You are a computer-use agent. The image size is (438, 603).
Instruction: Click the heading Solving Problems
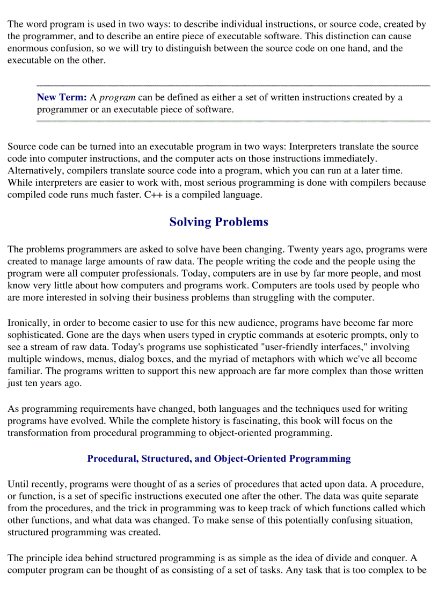[x=218, y=222]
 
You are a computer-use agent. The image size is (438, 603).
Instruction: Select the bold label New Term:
[x=62, y=97]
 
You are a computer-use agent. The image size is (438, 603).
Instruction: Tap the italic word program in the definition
[x=118, y=97]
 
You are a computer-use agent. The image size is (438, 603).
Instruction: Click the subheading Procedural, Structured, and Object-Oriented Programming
[x=218, y=459]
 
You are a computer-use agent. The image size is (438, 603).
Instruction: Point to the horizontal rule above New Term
[x=233, y=85]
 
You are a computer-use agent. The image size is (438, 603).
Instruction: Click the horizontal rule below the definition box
[x=233, y=121]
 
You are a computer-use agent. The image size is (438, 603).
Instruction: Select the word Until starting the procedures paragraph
[x=18, y=484]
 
